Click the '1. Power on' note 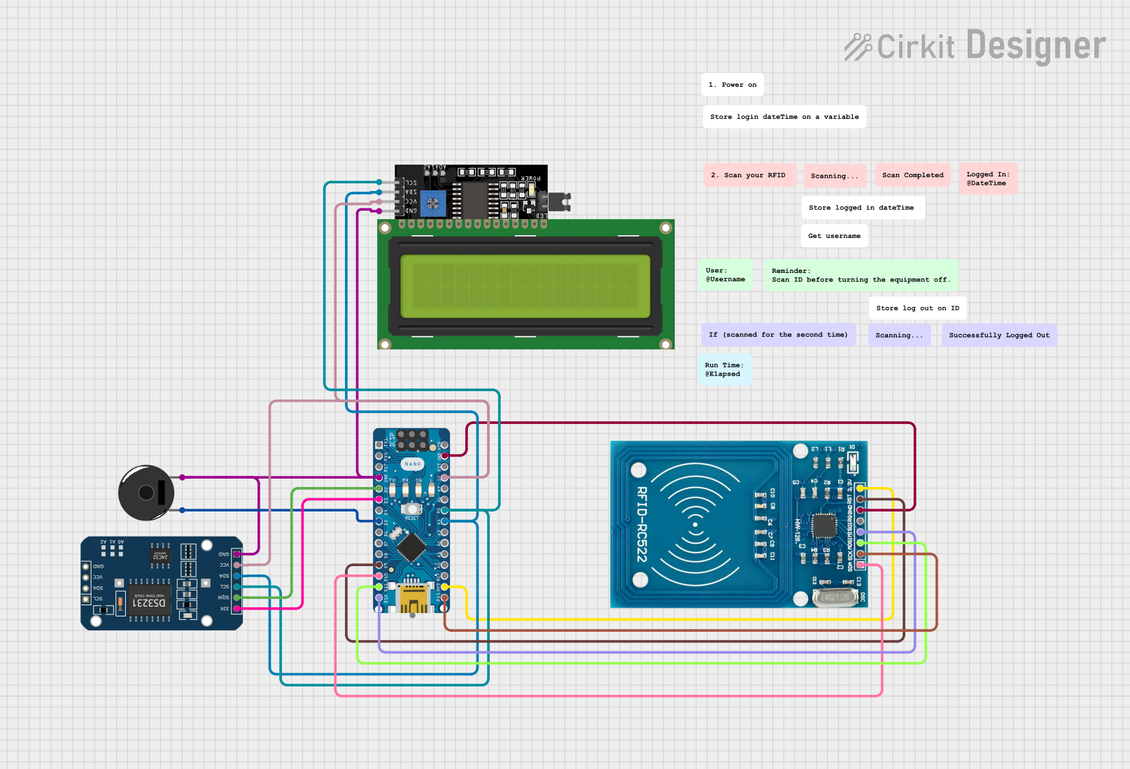click(x=732, y=85)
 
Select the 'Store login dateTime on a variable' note click(x=784, y=117)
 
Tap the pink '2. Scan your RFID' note click(x=749, y=175)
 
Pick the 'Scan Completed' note click(x=912, y=175)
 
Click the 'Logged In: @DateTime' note click(x=987, y=178)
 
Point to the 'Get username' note click(x=834, y=236)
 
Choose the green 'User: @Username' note click(x=726, y=275)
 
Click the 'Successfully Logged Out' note click(x=998, y=335)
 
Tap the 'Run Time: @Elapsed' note click(x=724, y=369)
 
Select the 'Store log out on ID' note click(x=917, y=308)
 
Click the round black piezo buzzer click(x=146, y=493)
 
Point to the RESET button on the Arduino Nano click(x=412, y=509)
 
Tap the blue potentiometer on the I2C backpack click(x=433, y=204)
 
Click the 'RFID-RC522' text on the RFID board click(x=642, y=524)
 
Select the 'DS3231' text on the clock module click(x=150, y=602)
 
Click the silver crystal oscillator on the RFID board click(x=835, y=597)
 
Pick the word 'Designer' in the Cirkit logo click(x=1036, y=45)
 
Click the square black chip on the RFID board click(x=824, y=525)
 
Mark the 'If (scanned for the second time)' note click(x=777, y=334)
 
